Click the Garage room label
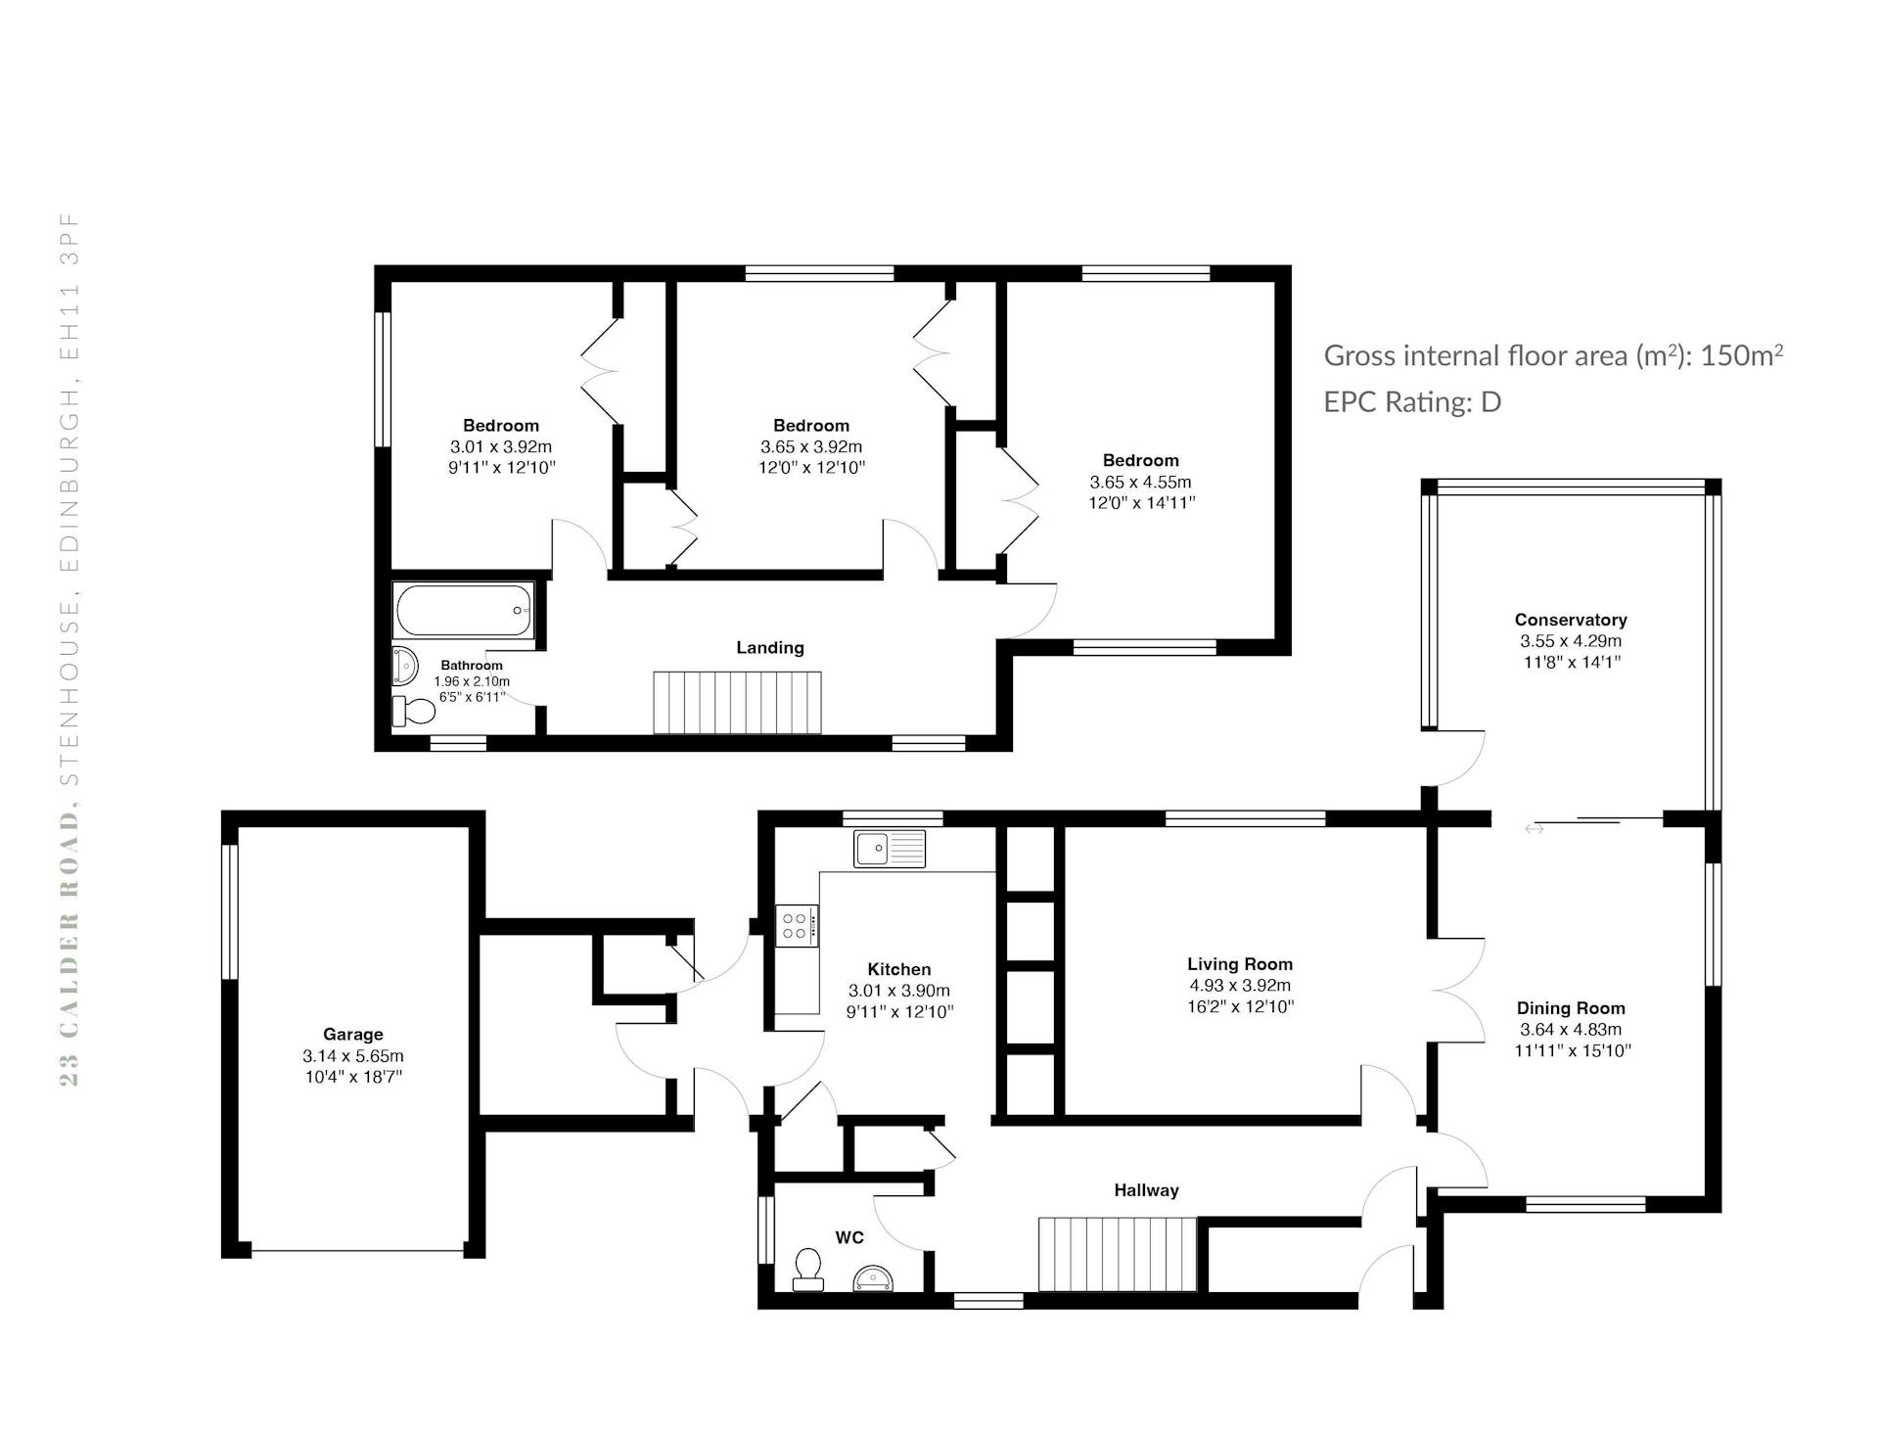352,1034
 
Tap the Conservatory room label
1571,620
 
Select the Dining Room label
1571,1008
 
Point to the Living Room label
1240,964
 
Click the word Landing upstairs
770,648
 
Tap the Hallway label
1146,1190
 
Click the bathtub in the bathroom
464,610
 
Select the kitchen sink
889,848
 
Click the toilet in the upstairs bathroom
413,711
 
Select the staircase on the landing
737,702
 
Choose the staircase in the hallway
1118,1254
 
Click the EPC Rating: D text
1412,402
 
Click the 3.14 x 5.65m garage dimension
352,1056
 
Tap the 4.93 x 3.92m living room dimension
1240,986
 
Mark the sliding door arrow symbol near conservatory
1534,829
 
